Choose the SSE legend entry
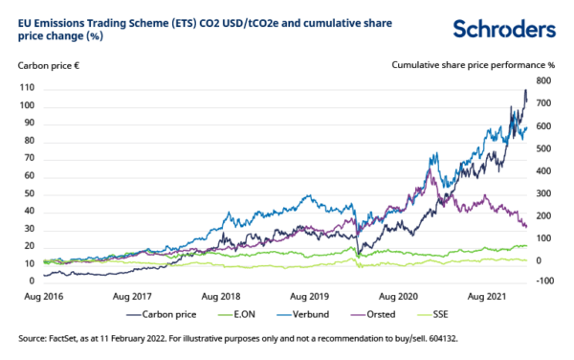(x=439, y=311)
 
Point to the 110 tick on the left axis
(x=27, y=88)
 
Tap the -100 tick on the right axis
(x=545, y=281)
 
